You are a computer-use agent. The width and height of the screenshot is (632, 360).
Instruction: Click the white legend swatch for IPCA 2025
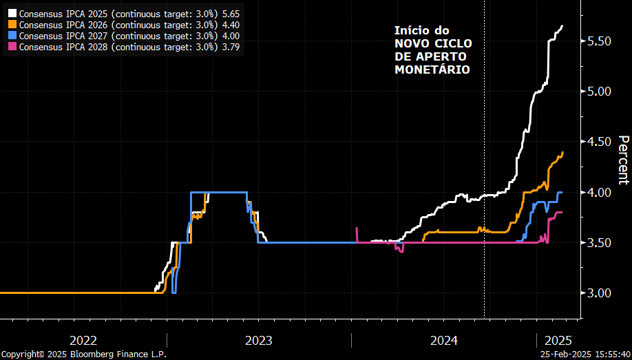(12, 13)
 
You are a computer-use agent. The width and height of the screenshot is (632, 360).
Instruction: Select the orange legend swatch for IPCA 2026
(12, 25)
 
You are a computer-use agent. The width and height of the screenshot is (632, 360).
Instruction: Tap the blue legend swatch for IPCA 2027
(12, 36)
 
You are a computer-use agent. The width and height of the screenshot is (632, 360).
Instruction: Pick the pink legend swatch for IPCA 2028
(12, 47)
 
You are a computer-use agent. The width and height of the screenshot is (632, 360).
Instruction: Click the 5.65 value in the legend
(231, 13)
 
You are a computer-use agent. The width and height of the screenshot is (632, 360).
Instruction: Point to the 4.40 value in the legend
(231, 25)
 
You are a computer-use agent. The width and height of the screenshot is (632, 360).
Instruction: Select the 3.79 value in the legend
(231, 47)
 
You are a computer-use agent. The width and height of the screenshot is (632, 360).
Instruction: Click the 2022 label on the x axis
(83, 340)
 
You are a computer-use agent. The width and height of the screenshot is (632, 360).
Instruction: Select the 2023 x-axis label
(258, 340)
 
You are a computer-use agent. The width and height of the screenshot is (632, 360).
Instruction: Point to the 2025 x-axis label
(558, 340)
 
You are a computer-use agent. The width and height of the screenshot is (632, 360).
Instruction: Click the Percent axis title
(622, 160)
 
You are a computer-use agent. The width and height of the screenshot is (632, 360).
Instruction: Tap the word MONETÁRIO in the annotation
(432, 70)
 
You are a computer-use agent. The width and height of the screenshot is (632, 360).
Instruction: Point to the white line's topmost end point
(562, 26)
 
